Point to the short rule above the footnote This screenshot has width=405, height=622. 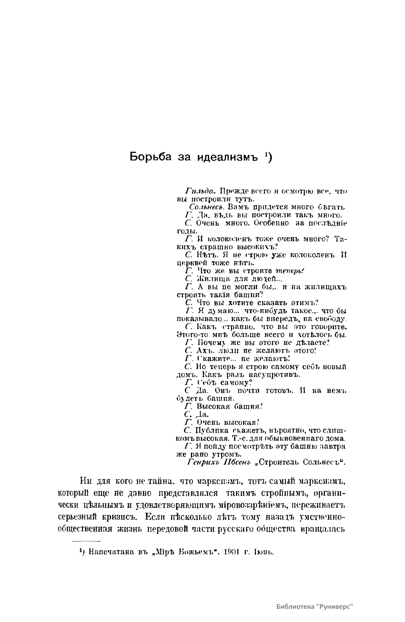[x=87, y=541]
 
